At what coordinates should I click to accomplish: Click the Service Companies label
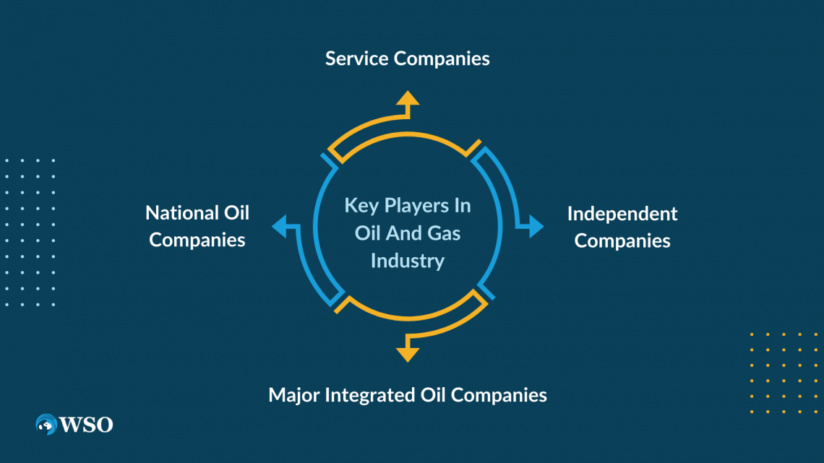[407, 59]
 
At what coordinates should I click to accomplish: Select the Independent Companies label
[622, 227]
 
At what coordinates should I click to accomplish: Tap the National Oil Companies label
[197, 226]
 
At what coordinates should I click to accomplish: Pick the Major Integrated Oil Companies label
[407, 395]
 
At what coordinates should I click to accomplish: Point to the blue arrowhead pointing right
[536, 226]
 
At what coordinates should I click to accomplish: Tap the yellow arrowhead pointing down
[408, 353]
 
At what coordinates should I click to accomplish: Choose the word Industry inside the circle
[407, 261]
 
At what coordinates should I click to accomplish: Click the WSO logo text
[87, 425]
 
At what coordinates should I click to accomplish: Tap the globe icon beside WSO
[47, 425]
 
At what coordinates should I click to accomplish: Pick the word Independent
[622, 214]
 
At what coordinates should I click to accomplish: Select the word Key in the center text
[359, 206]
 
